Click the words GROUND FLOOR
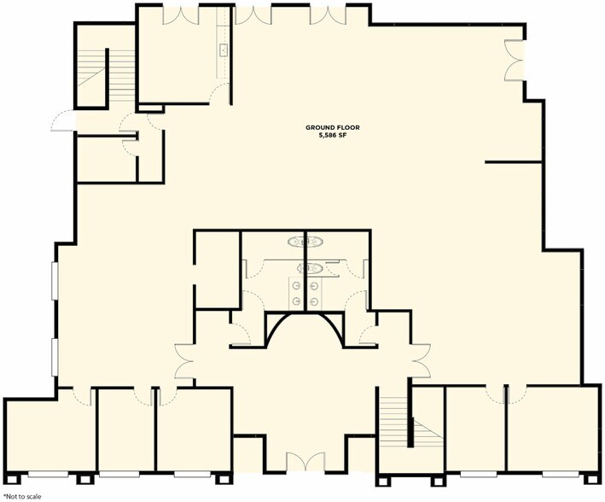(x=332, y=127)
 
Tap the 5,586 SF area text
(x=333, y=135)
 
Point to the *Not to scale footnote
(x=22, y=497)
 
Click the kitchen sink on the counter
(x=224, y=50)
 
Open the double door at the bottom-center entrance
(x=305, y=462)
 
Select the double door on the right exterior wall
(x=514, y=61)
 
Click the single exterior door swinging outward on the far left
(x=64, y=120)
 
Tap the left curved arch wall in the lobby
(x=278, y=329)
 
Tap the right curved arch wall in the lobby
(x=331, y=329)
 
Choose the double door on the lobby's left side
(x=184, y=361)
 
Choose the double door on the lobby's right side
(x=421, y=361)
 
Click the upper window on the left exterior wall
(x=55, y=281)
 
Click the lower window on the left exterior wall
(x=55, y=357)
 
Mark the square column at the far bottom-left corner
(x=12, y=479)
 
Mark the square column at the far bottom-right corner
(x=592, y=479)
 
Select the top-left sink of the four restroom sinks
(x=297, y=286)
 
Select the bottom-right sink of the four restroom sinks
(x=314, y=301)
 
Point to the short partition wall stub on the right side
(x=514, y=162)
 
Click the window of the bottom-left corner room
(x=49, y=474)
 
